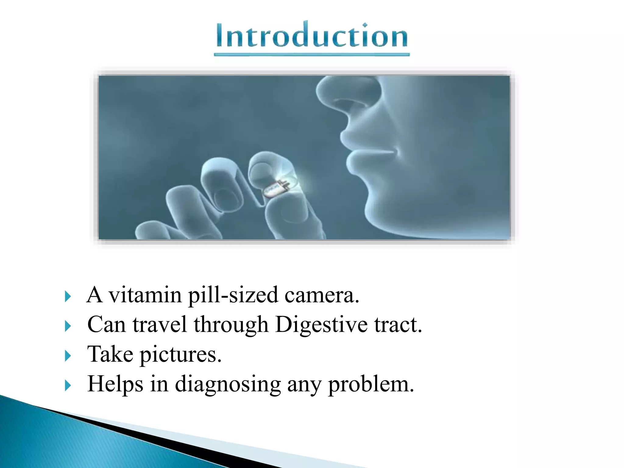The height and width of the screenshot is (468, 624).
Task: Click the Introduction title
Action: click(312, 36)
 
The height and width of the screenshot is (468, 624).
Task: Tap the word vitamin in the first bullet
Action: click(145, 295)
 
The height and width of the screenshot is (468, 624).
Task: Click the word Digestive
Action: click(321, 325)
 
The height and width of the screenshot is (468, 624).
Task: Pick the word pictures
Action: click(180, 355)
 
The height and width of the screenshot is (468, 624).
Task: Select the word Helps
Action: click(115, 384)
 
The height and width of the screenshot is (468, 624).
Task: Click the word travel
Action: click(160, 324)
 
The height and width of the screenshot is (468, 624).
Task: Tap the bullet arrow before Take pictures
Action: click(68, 356)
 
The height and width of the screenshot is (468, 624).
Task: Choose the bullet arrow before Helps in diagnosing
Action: click(68, 385)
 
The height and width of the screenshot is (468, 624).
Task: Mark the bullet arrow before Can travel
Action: click(68, 326)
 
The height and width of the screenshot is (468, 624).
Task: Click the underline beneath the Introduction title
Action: click(312, 55)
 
